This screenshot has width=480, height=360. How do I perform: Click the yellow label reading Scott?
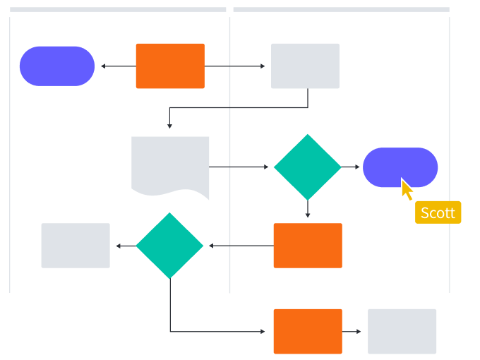[x=438, y=212]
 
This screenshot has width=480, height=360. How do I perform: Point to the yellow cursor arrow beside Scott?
[x=407, y=189]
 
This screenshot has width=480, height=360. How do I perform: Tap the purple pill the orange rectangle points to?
[x=57, y=66]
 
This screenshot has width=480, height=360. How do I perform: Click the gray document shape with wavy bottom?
[x=170, y=165]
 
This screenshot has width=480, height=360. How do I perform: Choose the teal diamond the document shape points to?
[x=307, y=167]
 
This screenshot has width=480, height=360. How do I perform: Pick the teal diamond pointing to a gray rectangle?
[x=169, y=246]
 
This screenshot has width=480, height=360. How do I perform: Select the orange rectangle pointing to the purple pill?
[x=170, y=66]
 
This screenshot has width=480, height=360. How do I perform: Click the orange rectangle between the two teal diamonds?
[x=308, y=246]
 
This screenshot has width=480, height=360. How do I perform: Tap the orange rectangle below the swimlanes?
[x=308, y=330]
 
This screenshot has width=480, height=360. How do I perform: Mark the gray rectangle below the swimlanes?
[x=402, y=330]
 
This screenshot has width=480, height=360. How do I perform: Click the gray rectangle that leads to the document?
[x=305, y=66]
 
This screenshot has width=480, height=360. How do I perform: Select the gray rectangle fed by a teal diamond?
[x=76, y=246]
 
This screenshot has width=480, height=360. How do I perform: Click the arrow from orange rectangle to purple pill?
[x=117, y=66]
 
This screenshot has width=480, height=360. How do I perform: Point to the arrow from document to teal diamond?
[x=240, y=167]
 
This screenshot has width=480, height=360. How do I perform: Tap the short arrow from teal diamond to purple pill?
[x=352, y=167]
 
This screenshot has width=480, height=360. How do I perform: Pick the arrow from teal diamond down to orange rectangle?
[x=308, y=210]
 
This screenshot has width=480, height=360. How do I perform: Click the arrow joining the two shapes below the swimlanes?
[x=354, y=330]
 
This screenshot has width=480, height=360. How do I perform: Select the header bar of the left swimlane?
[x=118, y=10]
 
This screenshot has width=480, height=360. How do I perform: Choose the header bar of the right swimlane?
[x=341, y=10]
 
